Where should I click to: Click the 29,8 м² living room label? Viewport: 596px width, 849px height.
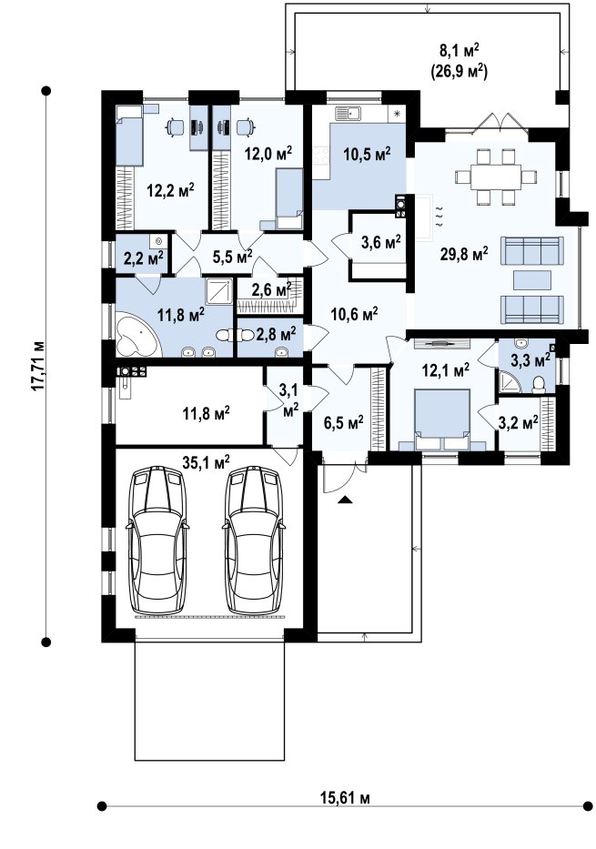[464, 253]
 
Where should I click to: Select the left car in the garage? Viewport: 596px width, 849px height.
[158, 540]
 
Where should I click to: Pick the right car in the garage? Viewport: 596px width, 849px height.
[252, 540]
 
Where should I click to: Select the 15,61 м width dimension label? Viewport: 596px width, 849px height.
[346, 797]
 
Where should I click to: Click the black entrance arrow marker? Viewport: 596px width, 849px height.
[344, 500]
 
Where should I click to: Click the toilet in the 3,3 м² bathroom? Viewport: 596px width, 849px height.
[540, 384]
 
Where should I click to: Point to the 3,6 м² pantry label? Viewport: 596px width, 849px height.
[381, 242]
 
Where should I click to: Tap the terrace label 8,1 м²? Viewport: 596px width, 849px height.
[459, 52]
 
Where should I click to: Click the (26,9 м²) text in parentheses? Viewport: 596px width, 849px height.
[459, 72]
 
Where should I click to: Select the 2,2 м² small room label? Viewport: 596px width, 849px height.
[144, 258]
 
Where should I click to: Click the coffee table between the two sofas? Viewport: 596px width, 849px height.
[532, 280]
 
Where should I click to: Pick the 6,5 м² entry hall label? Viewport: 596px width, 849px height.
[343, 422]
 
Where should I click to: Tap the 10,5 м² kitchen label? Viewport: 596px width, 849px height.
[367, 155]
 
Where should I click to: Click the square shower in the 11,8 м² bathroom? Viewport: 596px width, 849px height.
[219, 292]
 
